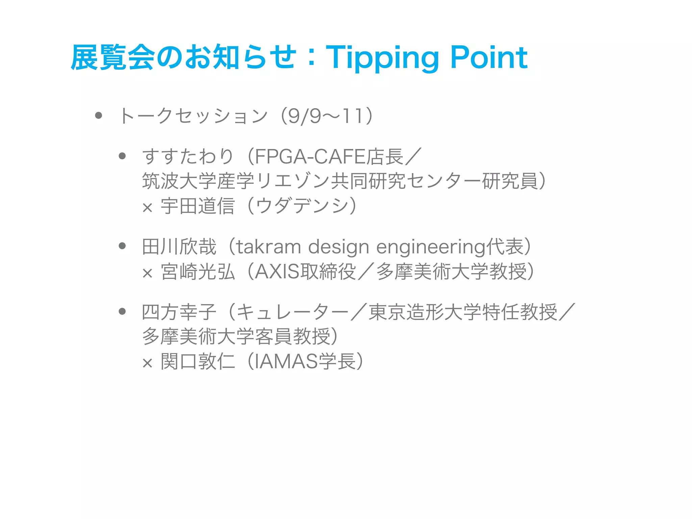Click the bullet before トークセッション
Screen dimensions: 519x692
click(99, 116)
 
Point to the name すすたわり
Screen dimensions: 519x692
click(188, 157)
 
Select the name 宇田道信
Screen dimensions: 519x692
click(197, 206)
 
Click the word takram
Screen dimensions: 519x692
click(269, 247)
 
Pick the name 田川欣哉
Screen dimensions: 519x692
click(179, 247)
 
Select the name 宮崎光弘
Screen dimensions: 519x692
click(197, 272)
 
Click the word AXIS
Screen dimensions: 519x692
click(277, 272)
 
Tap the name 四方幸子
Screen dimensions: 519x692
click(179, 312)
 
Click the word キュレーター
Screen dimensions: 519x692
click(292, 312)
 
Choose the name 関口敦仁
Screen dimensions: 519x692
click(197, 362)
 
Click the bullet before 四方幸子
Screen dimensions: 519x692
click(122, 312)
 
